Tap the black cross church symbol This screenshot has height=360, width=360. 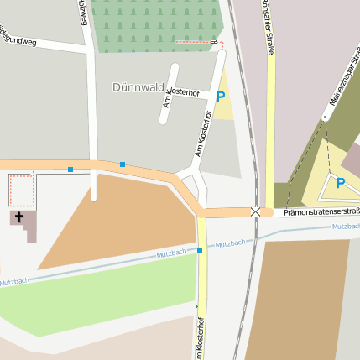pos(18,218)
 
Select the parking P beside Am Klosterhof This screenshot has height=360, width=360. pos(221,97)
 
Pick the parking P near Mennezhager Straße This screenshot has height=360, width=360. pos(341,183)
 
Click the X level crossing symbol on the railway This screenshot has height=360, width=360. pos(255,212)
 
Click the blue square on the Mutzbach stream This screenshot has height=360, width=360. pos(200,249)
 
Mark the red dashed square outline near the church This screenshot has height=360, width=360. pos(22,190)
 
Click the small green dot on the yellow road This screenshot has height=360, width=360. pos(197,307)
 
